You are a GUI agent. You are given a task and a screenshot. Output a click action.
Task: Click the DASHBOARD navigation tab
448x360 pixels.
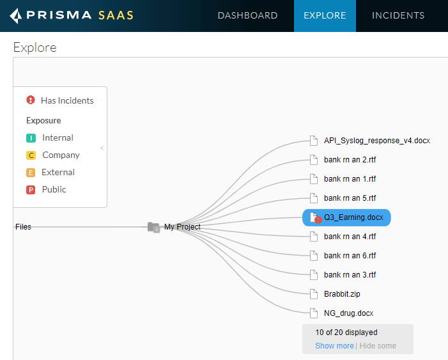(x=247, y=15)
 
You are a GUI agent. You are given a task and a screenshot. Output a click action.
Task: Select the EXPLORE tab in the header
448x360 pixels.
(x=325, y=15)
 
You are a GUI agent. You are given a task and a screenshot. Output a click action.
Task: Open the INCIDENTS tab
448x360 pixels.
(x=398, y=15)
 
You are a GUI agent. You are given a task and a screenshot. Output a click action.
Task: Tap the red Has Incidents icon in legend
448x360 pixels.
(x=31, y=100)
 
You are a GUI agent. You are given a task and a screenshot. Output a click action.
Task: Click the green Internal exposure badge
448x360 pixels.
(x=31, y=138)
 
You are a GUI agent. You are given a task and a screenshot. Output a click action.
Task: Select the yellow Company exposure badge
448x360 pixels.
(x=31, y=155)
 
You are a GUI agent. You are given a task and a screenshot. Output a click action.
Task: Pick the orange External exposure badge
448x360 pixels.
(x=31, y=173)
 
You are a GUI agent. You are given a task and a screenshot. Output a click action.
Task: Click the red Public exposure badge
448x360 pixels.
(x=31, y=190)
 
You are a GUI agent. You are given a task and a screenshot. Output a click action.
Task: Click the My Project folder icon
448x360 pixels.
(x=153, y=227)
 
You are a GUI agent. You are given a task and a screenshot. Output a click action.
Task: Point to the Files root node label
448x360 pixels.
(x=23, y=227)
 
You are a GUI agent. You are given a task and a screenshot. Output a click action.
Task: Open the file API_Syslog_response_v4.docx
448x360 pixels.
(x=377, y=141)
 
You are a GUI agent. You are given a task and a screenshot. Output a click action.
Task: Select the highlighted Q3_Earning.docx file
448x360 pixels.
(x=353, y=217)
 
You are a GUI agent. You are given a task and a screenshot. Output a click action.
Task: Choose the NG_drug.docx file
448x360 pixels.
(x=348, y=313)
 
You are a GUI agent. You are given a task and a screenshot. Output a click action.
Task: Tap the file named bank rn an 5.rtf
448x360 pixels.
(x=350, y=198)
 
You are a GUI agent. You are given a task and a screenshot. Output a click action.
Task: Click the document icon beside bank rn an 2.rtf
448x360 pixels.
(x=313, y=160)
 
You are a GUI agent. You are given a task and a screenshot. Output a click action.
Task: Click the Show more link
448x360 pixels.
(x=334, y=346)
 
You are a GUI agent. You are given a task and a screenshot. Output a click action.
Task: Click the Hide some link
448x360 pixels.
(x=378, y=346)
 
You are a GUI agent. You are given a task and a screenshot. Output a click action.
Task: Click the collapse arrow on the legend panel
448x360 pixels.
(x=102, y=148)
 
